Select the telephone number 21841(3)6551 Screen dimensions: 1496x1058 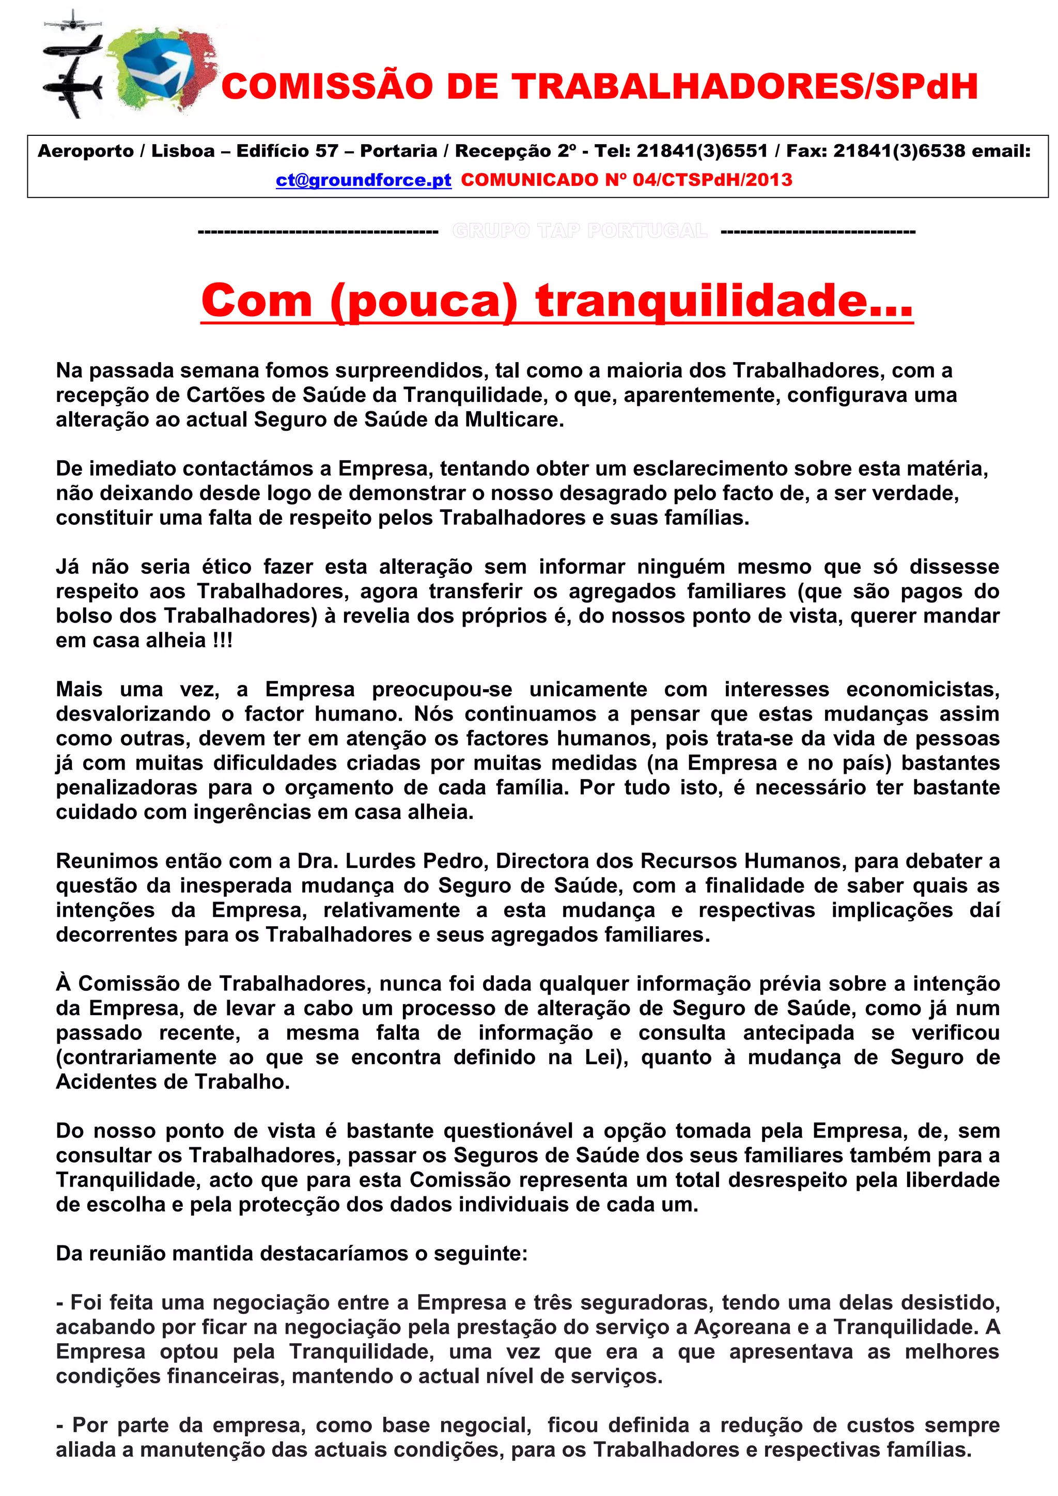(x=701, y=151)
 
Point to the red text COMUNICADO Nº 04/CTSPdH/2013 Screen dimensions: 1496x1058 (x=626, y=180)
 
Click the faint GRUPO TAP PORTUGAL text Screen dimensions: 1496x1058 (x=579, y=231)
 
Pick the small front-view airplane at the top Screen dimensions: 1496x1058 (x=73, y=21)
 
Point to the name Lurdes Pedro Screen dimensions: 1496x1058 (x=417, y=861)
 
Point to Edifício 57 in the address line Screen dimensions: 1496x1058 (x=287, y=151)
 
